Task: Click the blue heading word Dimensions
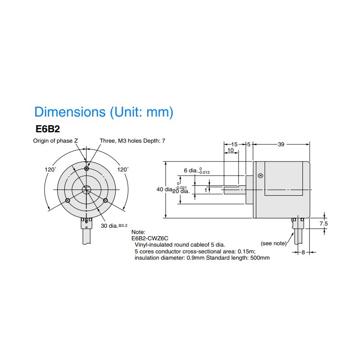(x=70, y=112)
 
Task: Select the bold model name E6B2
(x=48, y=129)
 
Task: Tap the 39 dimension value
(x=281, y=144)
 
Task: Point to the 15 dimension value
(x=234, y=144)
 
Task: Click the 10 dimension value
(x=230, y=150)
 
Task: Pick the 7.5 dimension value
(x=324, y=223)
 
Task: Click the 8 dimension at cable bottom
(x=303, y=252)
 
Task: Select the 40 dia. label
(x=164, y=189)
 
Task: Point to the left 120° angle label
(x=50, y=170)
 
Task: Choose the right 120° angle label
(x=123, y=170)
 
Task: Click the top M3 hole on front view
(x=86, y=169)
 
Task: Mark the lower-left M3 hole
(x=67, y=200)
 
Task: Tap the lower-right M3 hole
(x=105, y=200)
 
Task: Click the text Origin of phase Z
(x=55, y=141)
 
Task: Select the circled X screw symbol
(x=261, y=176)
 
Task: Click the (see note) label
(x=274, y=243)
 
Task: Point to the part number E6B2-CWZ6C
(x=150, y=238)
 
